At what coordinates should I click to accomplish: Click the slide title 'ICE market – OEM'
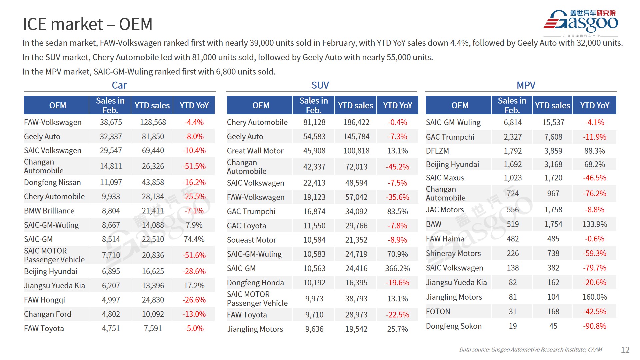pyautogui.click(x=87, y=24)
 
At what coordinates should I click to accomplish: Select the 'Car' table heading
pyautogui.click(x=119, y=85)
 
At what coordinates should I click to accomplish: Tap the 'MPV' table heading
pyautogui.click(x=526, y=85)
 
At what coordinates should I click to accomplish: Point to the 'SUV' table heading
pyautogui.click(x=320, y=85)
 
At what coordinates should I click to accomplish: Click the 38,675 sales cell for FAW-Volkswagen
pyautogui.click(x=111, y=122)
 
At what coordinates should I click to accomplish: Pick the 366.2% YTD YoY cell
pyautogui.click(x=397, y=268)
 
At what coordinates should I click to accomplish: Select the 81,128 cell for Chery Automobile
pyautogui.click(x=314, y=122)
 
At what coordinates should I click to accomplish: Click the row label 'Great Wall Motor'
pyautogui.click(x=255, y=151)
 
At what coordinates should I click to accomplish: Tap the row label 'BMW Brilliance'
pyautogui.click(x=49, y=211)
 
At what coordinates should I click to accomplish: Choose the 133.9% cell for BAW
pyautogui.click(x=594, y=224)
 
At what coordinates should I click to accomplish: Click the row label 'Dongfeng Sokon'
pyautogui.click(x=454, y=326)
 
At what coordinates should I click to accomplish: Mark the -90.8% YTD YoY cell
pyautogui.click(x=594, y=326)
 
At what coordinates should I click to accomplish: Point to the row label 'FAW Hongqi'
pyautogui.click(x=44, y=300)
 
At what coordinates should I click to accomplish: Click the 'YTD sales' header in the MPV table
pyautogui.click(x=552, y=105)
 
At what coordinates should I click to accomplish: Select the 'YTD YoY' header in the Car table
pyautogui.click(x=194, y=105)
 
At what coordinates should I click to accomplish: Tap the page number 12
pyautogui.click(x=625, y=350)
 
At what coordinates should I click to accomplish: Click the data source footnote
pyautogui.click(x=530, y=350)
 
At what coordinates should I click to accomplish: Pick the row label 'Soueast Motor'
pyautogui.click(x=251, y=240)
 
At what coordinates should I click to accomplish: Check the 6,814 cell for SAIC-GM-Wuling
pyautogui.click(x=512, y=122)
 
